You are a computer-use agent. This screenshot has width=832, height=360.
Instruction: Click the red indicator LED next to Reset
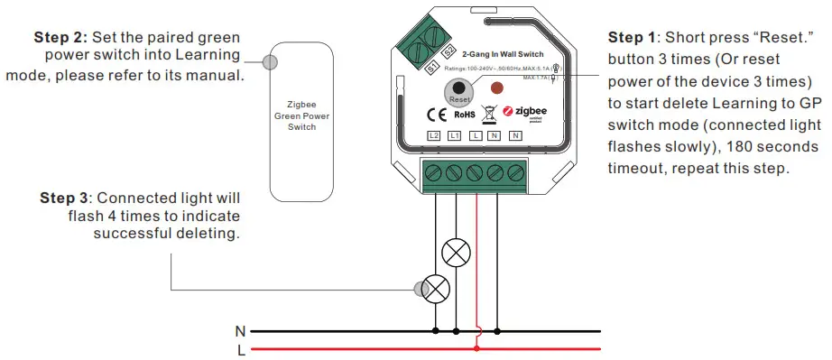click(495, 88)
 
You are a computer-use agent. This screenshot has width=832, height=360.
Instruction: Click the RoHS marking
click(464, 115)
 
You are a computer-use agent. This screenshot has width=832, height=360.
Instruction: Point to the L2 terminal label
click(433, 135)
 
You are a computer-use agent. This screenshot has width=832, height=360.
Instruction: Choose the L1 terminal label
click(455, 135)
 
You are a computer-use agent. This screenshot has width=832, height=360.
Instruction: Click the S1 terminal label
click(432, 68)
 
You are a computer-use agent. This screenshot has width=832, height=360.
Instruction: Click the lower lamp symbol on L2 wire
click(437, 289)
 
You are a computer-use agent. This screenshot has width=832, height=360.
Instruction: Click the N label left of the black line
click(241, 331)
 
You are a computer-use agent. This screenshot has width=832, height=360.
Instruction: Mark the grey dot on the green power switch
click(268, 62)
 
